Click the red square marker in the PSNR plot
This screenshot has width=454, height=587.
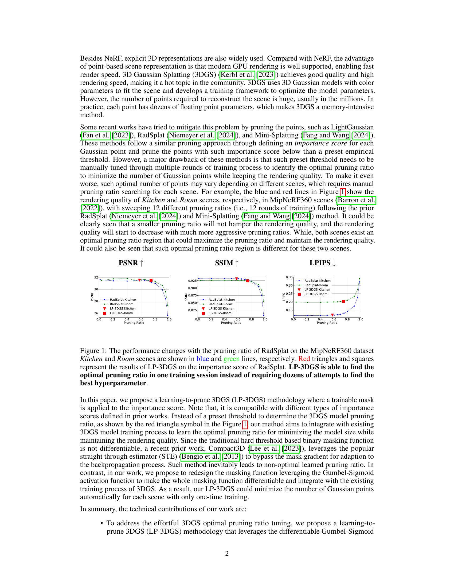(x=151, y=280)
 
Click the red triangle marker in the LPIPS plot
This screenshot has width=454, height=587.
(x=332, y=315)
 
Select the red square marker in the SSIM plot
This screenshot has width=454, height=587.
(x=248, y=281)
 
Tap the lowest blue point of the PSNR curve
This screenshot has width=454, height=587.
(x=168, y=316)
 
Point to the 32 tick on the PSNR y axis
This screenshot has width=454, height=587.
(x=96, y=277)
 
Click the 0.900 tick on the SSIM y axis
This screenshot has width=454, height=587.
(x=193, y=288)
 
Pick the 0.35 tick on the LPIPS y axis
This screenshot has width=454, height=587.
(x=289, y=277)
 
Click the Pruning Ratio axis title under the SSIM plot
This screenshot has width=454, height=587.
(x=231, y=323)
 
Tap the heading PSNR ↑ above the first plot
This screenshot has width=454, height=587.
(x=131, y=263)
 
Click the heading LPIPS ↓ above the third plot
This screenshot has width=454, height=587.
(x=323, y=263)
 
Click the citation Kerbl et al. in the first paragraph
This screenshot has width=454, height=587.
(x=237, y=75)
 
